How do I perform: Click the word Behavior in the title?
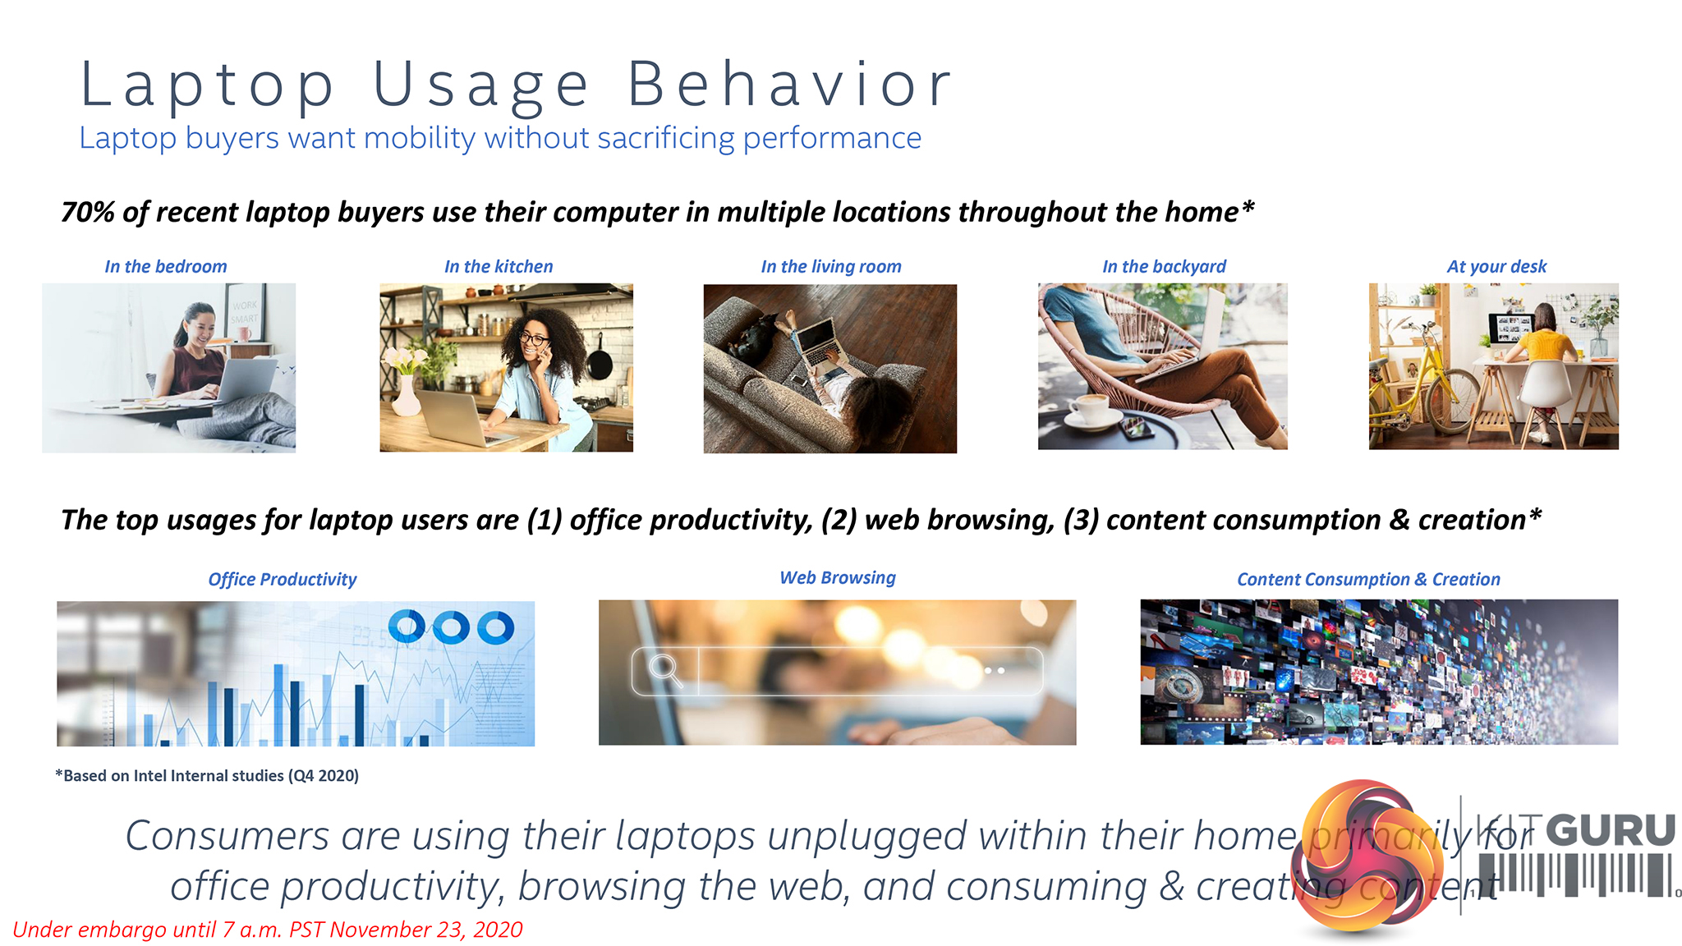tap(789, 84)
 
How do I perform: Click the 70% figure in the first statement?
tap(88, 212)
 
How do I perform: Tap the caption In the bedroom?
tap(166, 266)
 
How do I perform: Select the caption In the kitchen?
tap(499, 266)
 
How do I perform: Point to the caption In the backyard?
tap(1164, 266)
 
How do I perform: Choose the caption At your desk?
tap(1496, 266)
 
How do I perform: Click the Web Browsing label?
tap(838, 577)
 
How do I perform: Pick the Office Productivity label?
tap(283, 579)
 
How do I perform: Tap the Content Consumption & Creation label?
tap(1368, 579)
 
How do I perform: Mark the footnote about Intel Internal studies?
tap(207, 775)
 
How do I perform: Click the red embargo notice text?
tap(268, 930)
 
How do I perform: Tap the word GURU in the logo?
tap(1611, 830)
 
